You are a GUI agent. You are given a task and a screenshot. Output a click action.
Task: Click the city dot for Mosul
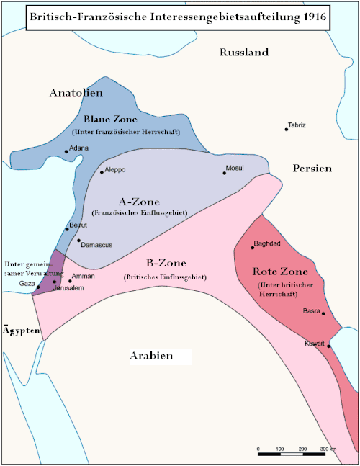(x=225, y=174)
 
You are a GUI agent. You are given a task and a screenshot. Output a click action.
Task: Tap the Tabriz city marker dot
(x=286, y=130)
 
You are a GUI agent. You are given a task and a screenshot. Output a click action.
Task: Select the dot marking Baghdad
(x=253, y=248)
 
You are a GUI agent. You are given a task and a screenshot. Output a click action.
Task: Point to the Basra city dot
(x=324, y=313)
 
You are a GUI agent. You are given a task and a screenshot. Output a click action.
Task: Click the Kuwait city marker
(x=329, y=346)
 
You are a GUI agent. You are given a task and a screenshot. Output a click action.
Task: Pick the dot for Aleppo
(x=102, y=171)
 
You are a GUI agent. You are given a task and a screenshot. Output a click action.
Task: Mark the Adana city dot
(x=67, y=151)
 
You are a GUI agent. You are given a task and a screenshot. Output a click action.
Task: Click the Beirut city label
(x=77, y=225)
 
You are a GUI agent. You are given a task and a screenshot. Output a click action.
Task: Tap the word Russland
(x=244, y=53)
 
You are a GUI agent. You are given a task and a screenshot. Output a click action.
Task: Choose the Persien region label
(x=312, y=168)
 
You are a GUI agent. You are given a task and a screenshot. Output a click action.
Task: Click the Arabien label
(x=151, y=356)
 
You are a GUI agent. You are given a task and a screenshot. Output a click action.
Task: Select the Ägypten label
(x=18, y=329)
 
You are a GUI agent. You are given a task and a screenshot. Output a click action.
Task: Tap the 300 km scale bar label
(x=328, y=449)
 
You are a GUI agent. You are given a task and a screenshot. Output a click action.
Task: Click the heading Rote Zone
(x=280, y=272)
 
